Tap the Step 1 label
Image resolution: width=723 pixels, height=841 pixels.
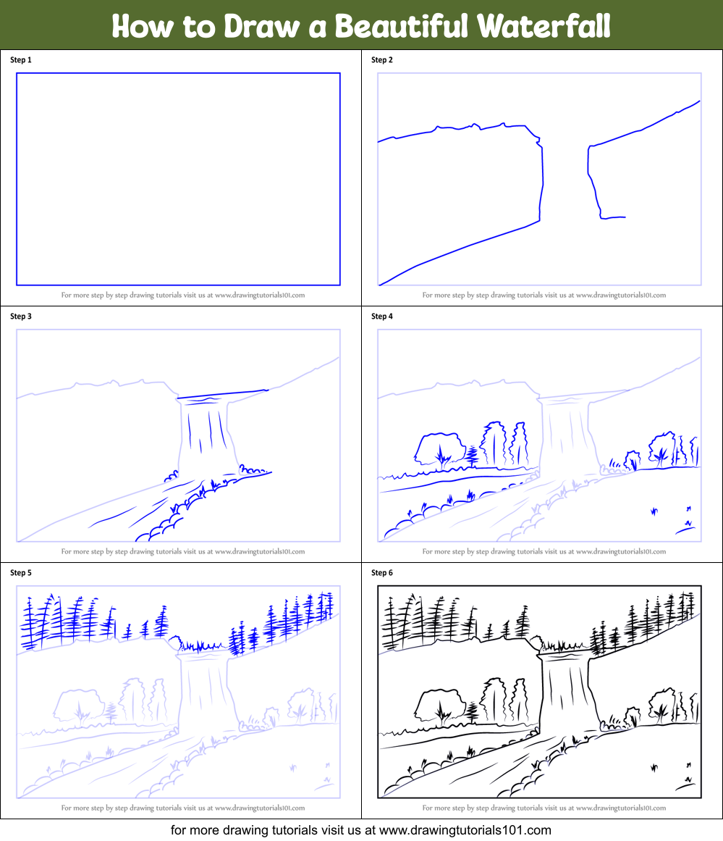[x=21, y=60]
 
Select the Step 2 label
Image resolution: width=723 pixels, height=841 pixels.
[x=382, y=60]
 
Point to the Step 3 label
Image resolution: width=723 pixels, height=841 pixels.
[x=21, y=317]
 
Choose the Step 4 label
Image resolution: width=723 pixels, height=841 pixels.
[x=382, y=317]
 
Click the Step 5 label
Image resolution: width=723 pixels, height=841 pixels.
[x=21, y=573]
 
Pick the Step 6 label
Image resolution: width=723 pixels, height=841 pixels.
[x=382, y=573]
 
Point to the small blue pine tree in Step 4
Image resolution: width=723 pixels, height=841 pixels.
[x=473, y=456]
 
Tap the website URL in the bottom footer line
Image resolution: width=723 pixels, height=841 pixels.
[x=465, y=830]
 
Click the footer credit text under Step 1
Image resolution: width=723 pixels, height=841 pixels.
[x=182, y=295]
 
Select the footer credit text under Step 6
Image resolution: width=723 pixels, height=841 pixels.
[x=544, y=808]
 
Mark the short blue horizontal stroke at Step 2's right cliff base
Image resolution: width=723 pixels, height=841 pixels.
[x=614, y=217]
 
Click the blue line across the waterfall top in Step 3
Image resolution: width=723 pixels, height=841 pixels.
[x=222, y=394]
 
